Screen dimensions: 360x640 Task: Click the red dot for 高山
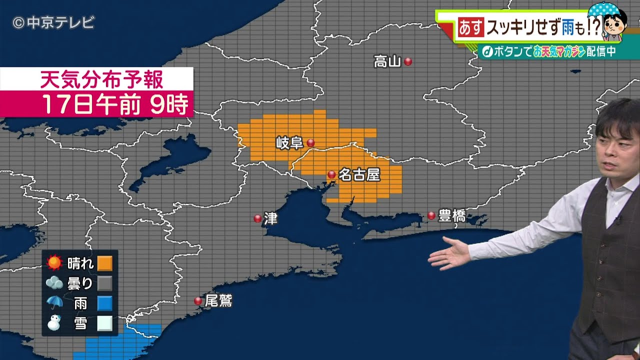point(408,61)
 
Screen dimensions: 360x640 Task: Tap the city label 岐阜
point(289,143)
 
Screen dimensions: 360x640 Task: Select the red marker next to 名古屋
point(331,174)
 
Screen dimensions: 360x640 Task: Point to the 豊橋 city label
point(451,216)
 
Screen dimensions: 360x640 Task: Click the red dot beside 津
point(257,218)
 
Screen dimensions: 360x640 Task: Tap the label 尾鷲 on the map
point(218,300)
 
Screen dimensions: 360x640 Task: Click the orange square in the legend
point(104,263)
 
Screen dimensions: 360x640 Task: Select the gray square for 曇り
point(104,283)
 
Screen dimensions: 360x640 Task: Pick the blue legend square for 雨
point(104,303)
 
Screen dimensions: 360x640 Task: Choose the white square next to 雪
point(104,323)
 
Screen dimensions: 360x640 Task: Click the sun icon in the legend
point(54,263)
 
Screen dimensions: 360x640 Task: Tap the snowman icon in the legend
point(54,323)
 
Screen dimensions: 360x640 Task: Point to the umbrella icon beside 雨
point(54,303)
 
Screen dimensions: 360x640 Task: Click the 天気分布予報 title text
point(101,79)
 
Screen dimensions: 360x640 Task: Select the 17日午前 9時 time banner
point(115,104)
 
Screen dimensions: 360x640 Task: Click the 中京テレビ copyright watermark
point(53,22)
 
